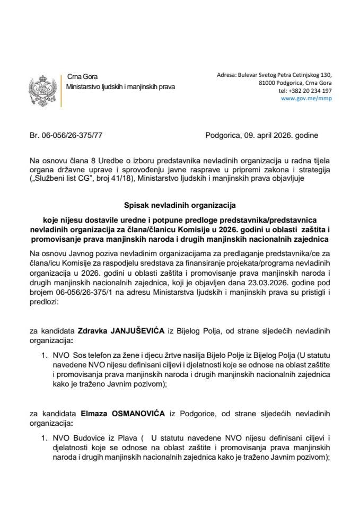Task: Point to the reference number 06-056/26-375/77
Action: click(73, 135)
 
